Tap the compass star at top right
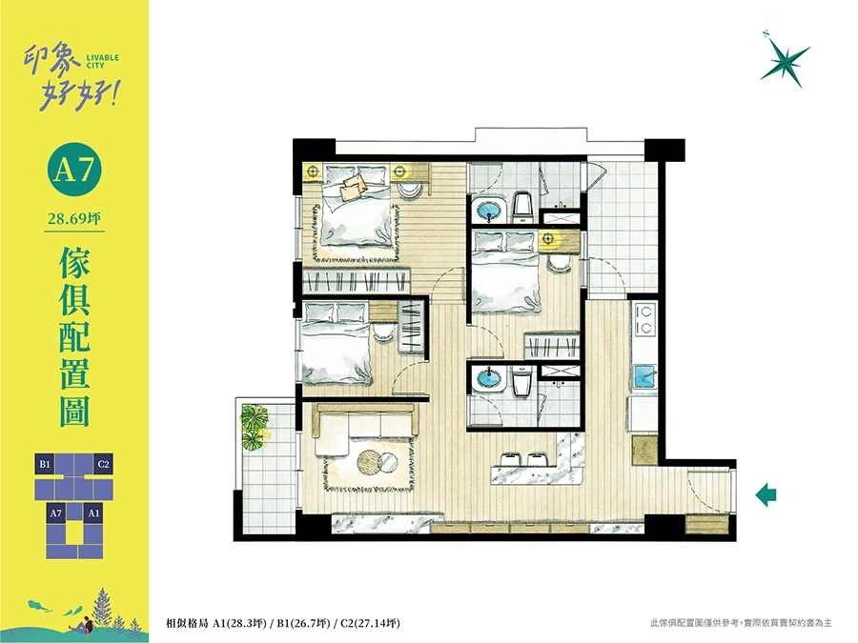pos(786,59)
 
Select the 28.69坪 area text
pos(74,219)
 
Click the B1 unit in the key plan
pos(45,465)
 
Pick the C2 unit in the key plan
pos(103,465)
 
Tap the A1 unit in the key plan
pos(93,512)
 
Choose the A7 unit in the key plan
pos(56,512)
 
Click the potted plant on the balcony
pos(255,426)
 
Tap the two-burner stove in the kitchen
pos(644,320)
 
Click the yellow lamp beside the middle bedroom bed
pos(549,238)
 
